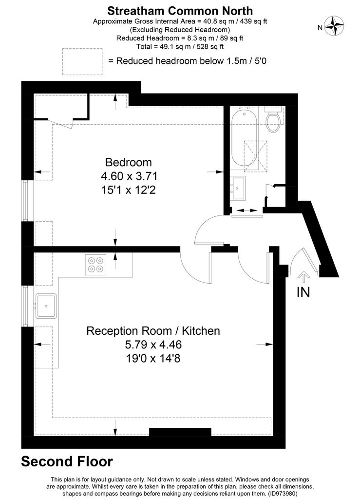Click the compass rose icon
coord(335,27)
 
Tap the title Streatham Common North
coord(180,10)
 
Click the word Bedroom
coord(129,162)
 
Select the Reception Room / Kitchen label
coord(153,331)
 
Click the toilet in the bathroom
coord(273,120)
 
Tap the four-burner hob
coord(95,264)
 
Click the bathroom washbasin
coord(239,187)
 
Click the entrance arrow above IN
coord(303,276)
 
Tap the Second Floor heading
coord(67,461)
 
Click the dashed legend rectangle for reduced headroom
coord(82,61)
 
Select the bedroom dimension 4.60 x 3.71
coord(129,176)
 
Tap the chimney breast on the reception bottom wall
coord(180,432)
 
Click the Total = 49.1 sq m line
coord(180,47)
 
